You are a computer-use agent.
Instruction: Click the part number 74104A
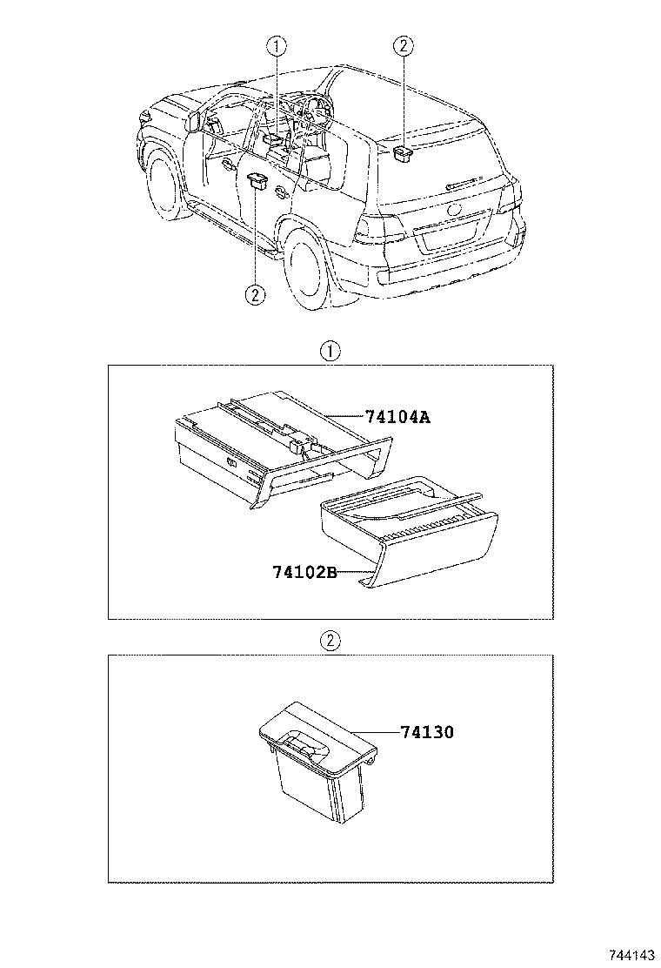click(x=397, y=417)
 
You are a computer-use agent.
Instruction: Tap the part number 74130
click(x=427, y=732)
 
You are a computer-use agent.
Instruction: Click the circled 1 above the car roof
click(x=276, y=46)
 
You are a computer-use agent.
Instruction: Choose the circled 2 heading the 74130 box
click(x=330, y=642)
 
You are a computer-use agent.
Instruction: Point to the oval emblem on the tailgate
click(x=454, y=210)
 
